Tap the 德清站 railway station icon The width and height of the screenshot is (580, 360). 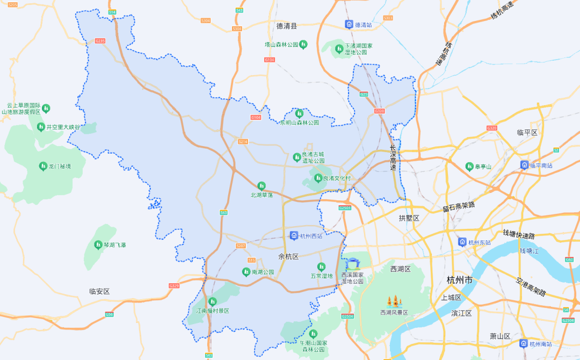(349, 24)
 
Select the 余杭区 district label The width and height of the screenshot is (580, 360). (288, 257)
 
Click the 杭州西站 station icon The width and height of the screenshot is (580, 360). (294, 235)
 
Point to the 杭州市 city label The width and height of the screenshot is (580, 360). (460, 280)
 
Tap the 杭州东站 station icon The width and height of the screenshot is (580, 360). (462, 242)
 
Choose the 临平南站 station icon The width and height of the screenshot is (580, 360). (524, 165)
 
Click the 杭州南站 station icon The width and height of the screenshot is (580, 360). (523, 343)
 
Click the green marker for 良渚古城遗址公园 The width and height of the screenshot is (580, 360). (297, 157)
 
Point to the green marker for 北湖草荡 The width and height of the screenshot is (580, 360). (262, 185)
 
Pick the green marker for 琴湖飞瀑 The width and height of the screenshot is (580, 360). (98, 244)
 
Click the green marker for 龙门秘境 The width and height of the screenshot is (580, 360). (43, 166)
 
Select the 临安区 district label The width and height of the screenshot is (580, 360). (99, 291)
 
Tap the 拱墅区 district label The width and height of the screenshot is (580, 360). (409, 218)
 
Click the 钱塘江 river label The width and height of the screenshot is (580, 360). (529, 251)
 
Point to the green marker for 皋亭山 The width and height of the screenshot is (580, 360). (469, 167)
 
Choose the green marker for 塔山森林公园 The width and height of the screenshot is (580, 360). (303, 44)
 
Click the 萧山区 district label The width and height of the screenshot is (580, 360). (500, 336)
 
